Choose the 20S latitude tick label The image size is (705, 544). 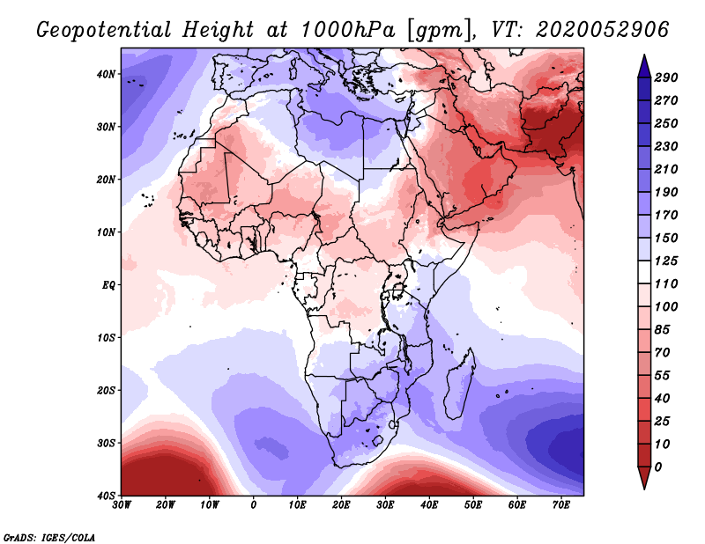coord(107,390)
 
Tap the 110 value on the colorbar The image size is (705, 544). coord(665,283)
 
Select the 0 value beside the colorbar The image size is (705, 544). coord(658,466)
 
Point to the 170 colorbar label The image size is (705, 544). coord(665,214)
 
